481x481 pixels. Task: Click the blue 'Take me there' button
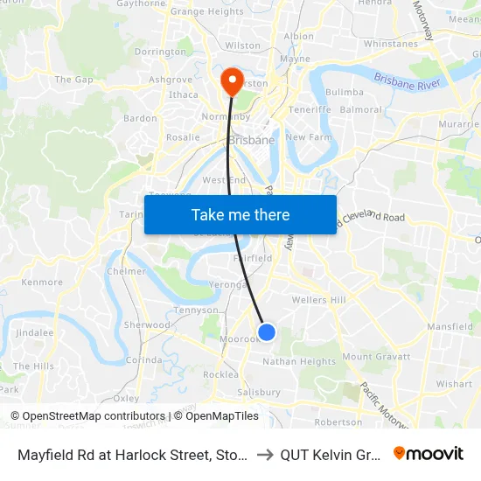[240, 214]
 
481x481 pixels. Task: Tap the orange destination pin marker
[232, 82]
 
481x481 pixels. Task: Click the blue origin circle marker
[268, 332]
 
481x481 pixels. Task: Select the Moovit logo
[429, 453]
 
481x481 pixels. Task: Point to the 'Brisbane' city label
[251, 140]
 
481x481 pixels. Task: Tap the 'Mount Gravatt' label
[375, 357]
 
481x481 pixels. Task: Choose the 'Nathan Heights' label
[299, 361]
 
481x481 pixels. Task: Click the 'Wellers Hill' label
[319, 300]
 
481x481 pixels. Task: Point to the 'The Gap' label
[73, 80]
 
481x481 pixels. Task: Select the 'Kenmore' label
[42, 282]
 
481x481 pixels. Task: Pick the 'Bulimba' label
[344, 92]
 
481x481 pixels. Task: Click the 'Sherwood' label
[147, 324]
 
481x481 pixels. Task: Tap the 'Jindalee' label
[34, 333]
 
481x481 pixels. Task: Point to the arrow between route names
[265, 454]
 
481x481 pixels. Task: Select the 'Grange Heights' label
[206, 12]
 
